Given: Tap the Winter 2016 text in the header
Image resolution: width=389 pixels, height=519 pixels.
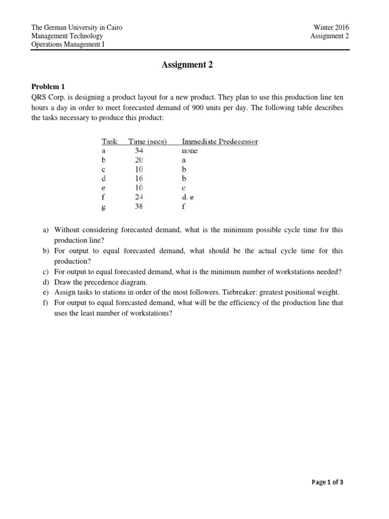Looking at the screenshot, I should (x=332, y=27).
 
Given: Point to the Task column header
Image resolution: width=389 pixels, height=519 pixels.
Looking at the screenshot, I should (x=109, y=141).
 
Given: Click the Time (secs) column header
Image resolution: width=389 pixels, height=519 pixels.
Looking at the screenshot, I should (x=148, y=141).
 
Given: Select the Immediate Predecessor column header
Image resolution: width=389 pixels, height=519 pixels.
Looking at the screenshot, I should (x=220, y=141).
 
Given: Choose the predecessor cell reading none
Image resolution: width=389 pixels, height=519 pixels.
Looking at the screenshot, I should (x=190, y=151).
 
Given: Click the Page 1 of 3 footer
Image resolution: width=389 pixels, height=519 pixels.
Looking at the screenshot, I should (x=327, y=483).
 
